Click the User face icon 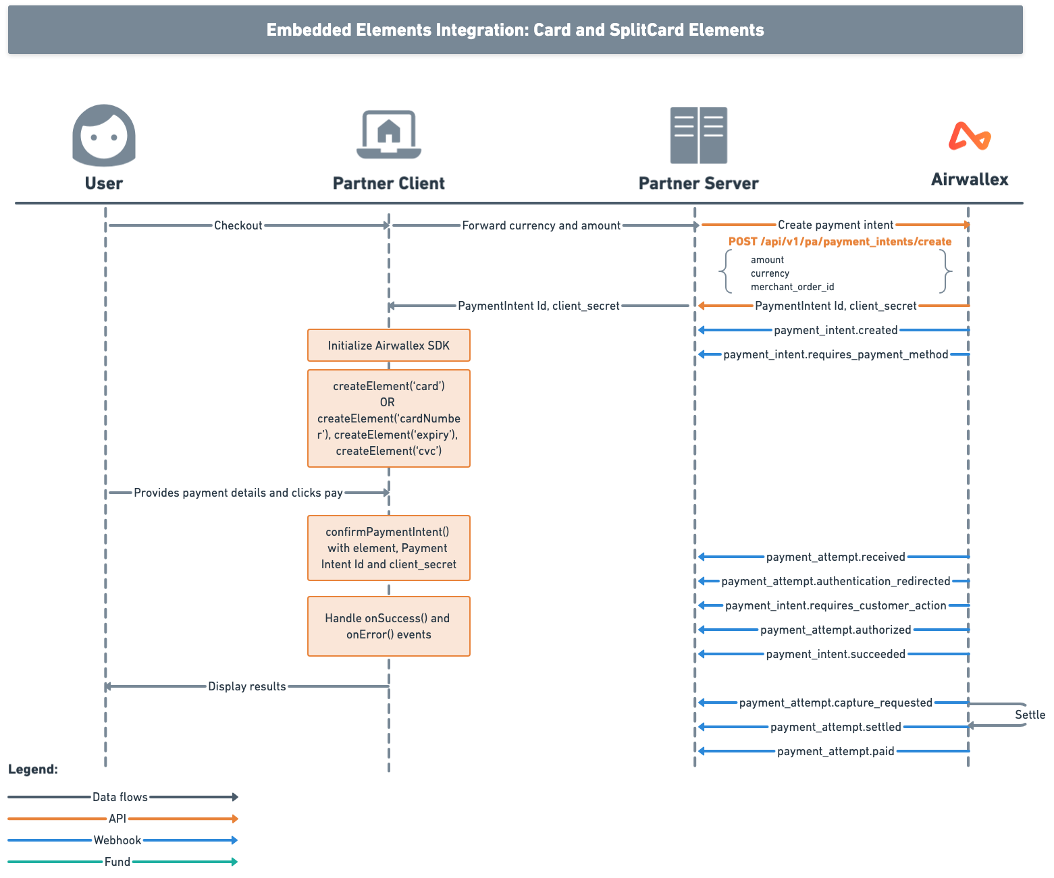coord(104,135)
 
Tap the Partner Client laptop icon coord(389,134)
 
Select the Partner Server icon coord(698,135)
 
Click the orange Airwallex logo coord(970,136)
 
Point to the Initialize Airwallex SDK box coord(389,346)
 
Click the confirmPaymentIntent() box coord(389,548)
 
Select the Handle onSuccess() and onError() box coord(389,626)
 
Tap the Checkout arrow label coord(238,225)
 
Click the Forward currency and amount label coord(541,225)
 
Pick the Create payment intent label coord(835,225)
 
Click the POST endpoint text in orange coord(840,242)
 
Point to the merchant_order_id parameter coord(792,287)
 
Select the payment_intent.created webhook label coord(835,330)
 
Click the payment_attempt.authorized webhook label coord(835,630)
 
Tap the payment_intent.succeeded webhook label coord(835,654)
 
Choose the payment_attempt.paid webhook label coord(835,751)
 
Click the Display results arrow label coord(246,686)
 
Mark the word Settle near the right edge coord(1030,715)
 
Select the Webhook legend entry coord(117,840)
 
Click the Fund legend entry coord(117,862)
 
